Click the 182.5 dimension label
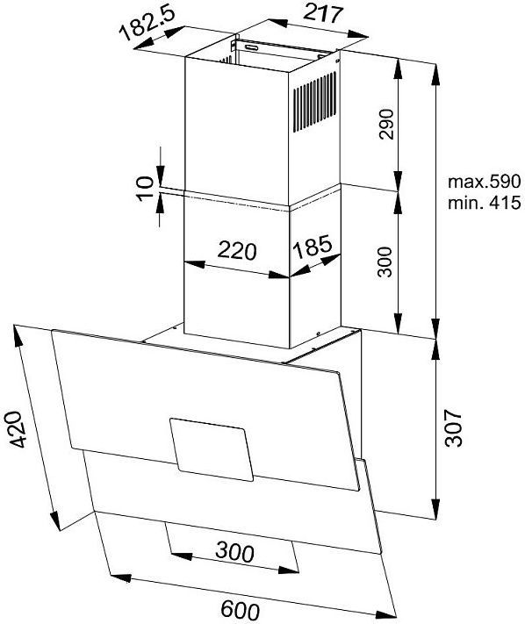(x=147, y=24)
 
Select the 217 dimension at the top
(x=322, y=13)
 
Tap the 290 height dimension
(x=386, y=124)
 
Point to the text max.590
(x=484, y=182)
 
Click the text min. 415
(x=484, y=203)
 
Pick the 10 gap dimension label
(x=145, y=188)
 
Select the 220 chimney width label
(x=237, y=250)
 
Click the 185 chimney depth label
(x=312, y=247)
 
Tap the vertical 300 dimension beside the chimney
(x=385, y=262)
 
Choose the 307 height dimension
(x=453, y=427)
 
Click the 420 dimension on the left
(x=15, y=430)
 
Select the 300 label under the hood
(x=234, y=552)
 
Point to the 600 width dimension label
(x=240, y=610)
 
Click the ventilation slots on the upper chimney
(x=314, y=102)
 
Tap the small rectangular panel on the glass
(x=212, y=449)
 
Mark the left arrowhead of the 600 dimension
(x=120, y=577)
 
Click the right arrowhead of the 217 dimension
(x=357, y=35)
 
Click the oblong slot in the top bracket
(x=251, y=47)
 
